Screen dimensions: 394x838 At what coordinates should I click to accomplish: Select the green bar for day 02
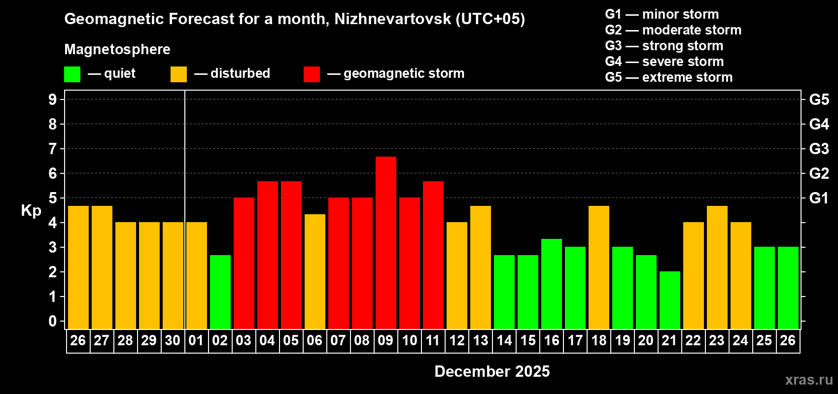pyautogui.click(x=220, y=292)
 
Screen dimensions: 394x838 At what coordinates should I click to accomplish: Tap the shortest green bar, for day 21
pyautogui.click(x=669, y=300)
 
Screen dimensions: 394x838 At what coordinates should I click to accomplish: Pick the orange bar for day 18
pyautogui.click(x=598, y=267)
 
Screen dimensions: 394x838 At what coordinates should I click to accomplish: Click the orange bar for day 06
pyautogui.click(x=314, y=271)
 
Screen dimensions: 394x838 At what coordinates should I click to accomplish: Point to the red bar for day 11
pyautogui.click(x=433, y=255)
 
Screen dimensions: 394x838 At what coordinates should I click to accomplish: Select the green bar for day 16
pyautogui.click(x=551, y=284)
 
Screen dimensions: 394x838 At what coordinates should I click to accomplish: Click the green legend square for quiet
pyautogui.click(x=72, y=74)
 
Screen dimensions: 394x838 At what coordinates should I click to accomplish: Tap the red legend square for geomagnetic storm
pyautogui.click(x=312, y=74)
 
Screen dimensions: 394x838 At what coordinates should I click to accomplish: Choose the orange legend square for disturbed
pyautogui.click(x=178, y=74)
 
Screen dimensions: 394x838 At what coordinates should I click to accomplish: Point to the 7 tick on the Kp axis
pyautogui.click(x=53, y=149)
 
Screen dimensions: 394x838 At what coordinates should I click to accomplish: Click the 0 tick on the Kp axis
pyautogui.click(x=53, y=321)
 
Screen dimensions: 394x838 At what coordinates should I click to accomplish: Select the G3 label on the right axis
pyautogui.click(x=819, y=149)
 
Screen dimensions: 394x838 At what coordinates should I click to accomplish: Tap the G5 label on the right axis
pyautogui.click(x=819, y=99)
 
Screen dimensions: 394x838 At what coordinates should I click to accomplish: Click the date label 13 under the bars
pyautogui.click(x=480, y=340)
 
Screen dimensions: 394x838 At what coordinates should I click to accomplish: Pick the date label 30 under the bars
pyautogui.click(x=173, y=340)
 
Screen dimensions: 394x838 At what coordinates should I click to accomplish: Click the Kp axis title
pyautogui.click(x=31, y=211)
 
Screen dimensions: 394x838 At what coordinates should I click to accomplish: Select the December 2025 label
pyautogui.click(x=492, y=371)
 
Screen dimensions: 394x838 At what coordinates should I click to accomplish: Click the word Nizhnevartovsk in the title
pyautogui.click(x=392, y=19)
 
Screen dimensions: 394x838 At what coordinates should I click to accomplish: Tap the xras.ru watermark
pyautogui.click(x=809, y=380)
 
